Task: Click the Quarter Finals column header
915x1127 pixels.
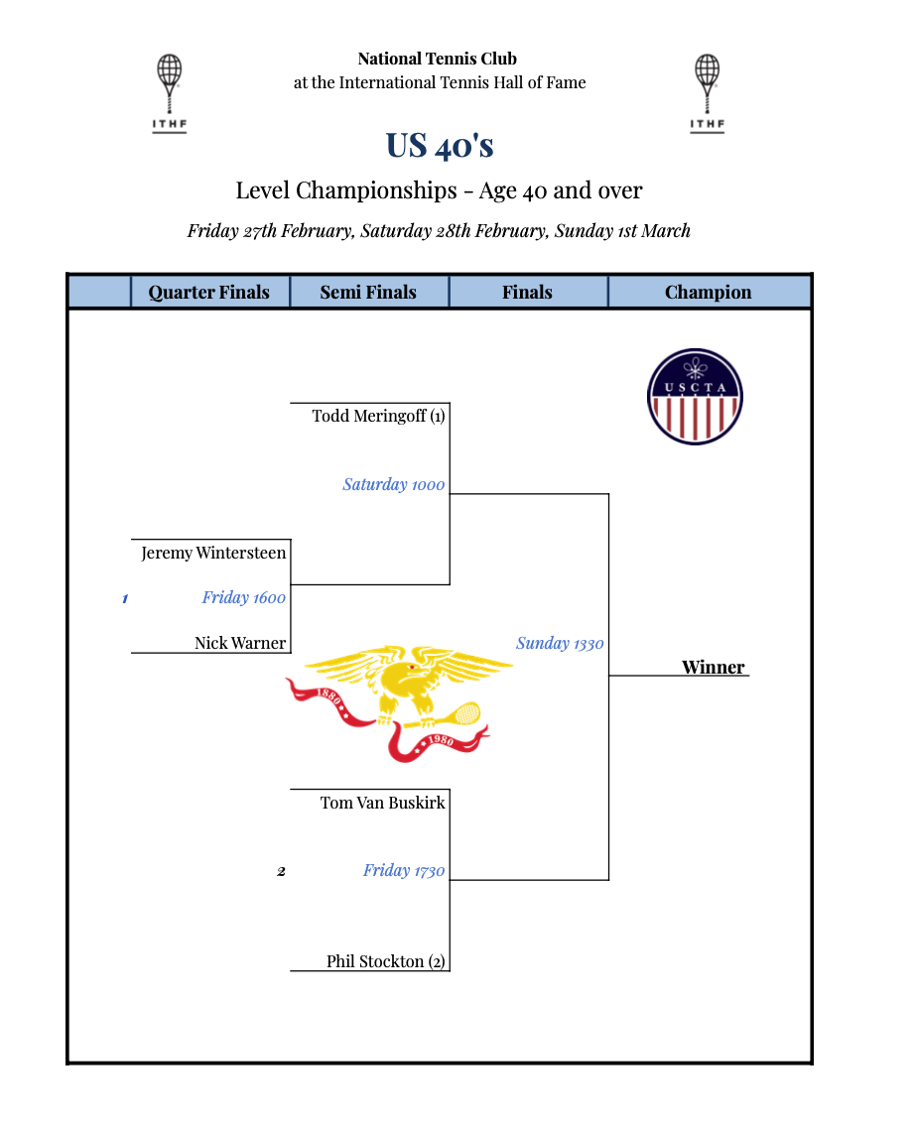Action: pyautogui.click(x=209, y=292)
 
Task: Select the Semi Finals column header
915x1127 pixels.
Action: pyautogui.click(x=368, y=292)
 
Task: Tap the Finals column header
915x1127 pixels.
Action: pyautogui.click(x=527, y=292)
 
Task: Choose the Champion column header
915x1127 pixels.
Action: pyautogui.click(x=709, y=292)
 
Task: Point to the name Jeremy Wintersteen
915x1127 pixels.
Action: pyautogui.click(x=213, y=553)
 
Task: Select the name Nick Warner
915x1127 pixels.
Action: pyautogui.click(x=240, y=643)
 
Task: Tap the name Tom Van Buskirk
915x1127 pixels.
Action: pyautogui.click(x=382, y=803)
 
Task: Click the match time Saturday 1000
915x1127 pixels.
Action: pyautogui.click(x=394, y=484)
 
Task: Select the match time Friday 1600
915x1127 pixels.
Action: pyautogui.click(x=243, y=597)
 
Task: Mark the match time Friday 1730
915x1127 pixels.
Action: pyautogui.click(x=404, y=870)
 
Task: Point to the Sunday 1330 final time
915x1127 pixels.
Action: pyautogui.click(x=560, y=643)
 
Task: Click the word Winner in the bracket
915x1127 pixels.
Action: pyautogui.click(x=713, y=667)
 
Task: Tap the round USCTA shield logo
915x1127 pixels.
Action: pyautogui.click(x=695, y=397)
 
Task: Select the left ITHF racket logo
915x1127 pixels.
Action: pyautogui.click(x=170, y=92)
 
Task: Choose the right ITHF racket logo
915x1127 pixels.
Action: pyautogui.click(x=707, y=92)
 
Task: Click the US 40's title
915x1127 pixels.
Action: pyautogui.click(x=440, y=145)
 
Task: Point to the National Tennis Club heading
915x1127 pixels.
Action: pyautogui.click(x=438, y=59)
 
